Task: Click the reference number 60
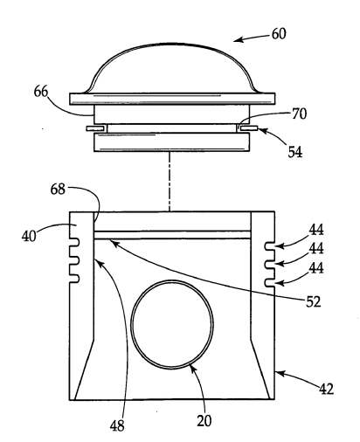279,34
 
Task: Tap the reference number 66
41,92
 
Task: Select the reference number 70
299,114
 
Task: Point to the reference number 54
295,152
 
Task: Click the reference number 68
58,190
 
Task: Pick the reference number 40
29,236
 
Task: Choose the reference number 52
313,302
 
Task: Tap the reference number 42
326,389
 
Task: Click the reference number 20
204,421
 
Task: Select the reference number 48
117,426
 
